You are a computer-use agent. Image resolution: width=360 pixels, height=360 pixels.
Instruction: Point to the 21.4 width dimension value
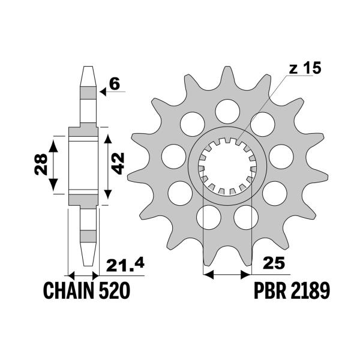(x=126, y=265)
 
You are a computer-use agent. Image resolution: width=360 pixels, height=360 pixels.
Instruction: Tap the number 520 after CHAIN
(x=113, y=292)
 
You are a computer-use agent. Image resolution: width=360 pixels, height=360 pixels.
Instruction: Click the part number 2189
(x=310, y=292)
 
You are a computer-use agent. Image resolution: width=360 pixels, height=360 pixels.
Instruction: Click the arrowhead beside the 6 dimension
(x=103, y=92)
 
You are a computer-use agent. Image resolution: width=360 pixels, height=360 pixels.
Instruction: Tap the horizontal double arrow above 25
(x=226, y=275)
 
